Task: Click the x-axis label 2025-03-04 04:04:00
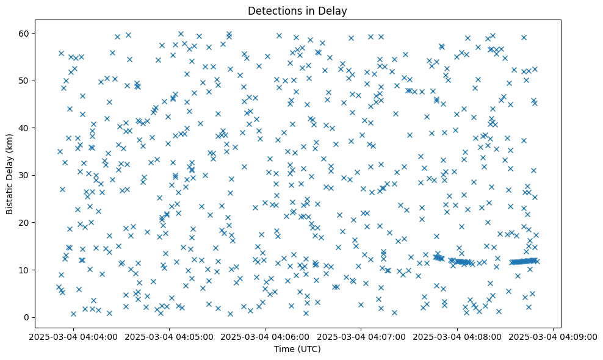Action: click(x=74, y=336)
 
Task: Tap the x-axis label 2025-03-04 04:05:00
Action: click(x=170, y=336)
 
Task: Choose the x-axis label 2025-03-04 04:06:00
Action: click(x=265, y=336)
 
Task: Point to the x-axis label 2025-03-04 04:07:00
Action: click(x=361, y=336)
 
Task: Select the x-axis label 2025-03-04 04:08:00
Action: click(x=457, y=336)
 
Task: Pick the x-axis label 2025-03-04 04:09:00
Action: click(x=553, y=336)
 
